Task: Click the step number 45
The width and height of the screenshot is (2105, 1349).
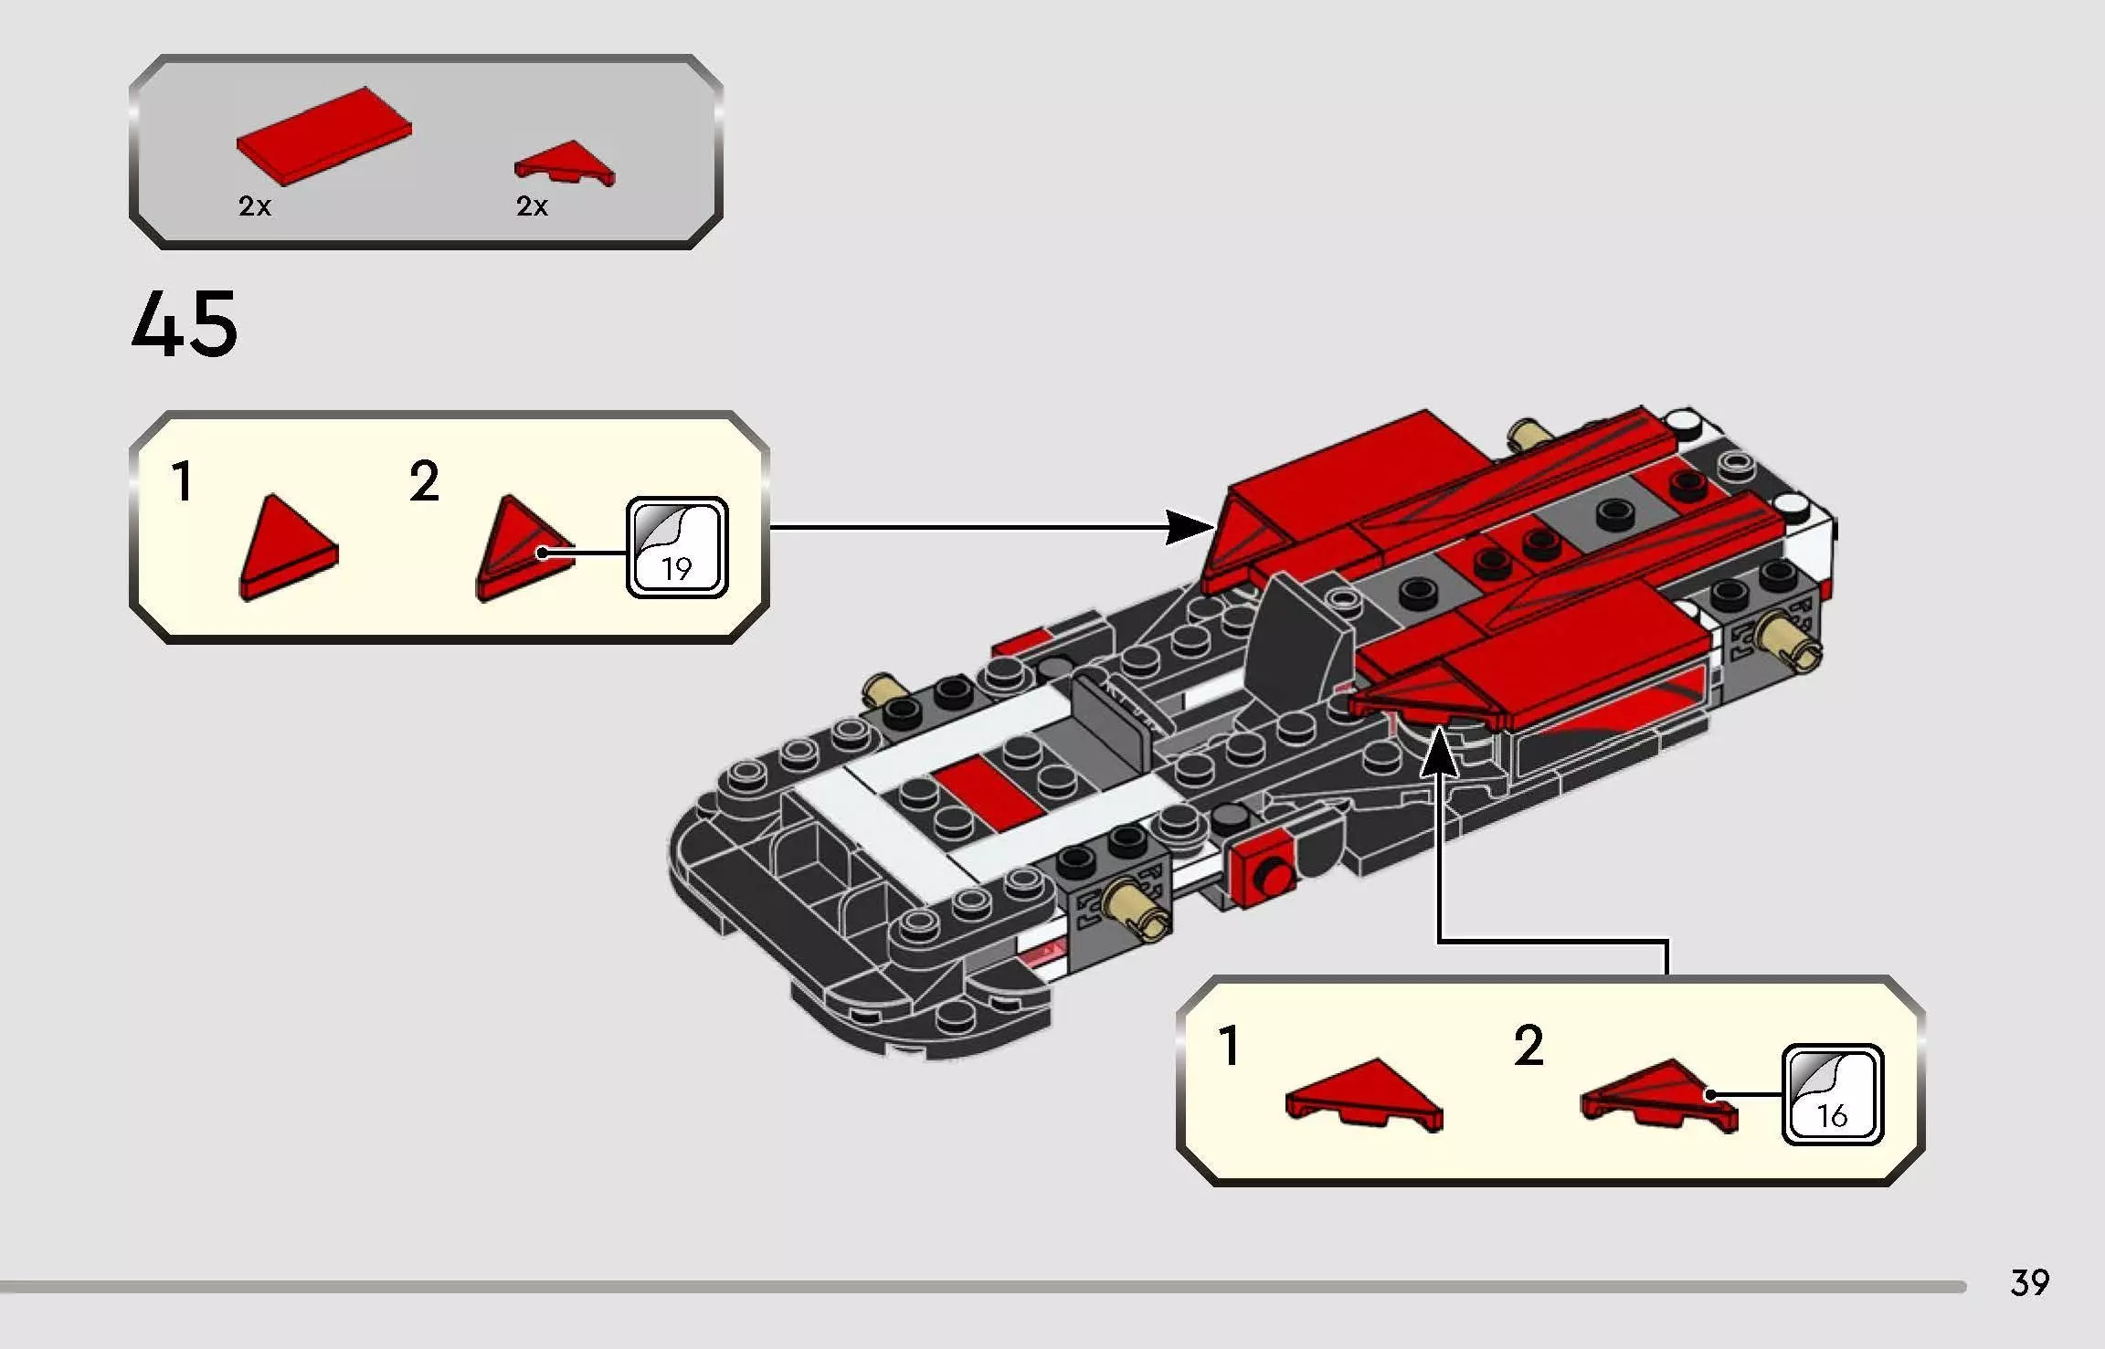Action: coord(185,324)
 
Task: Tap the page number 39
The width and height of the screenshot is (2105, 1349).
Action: coord(2029,1282)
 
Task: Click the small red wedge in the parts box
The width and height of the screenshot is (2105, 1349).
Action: coord(566,163)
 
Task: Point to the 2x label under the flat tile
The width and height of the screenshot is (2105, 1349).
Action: coord(255,206)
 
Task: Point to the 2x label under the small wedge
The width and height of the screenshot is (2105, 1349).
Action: coord(532,206)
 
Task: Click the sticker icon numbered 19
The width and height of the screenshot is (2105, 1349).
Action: coord(677,548)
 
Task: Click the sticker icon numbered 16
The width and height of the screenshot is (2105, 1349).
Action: coord(1832,1094)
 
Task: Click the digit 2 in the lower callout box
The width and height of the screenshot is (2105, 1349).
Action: coord(1529,1047)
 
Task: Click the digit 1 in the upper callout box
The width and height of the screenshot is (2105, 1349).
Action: coord(183,482)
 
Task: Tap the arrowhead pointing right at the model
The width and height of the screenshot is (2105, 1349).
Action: coord(1191,527)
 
